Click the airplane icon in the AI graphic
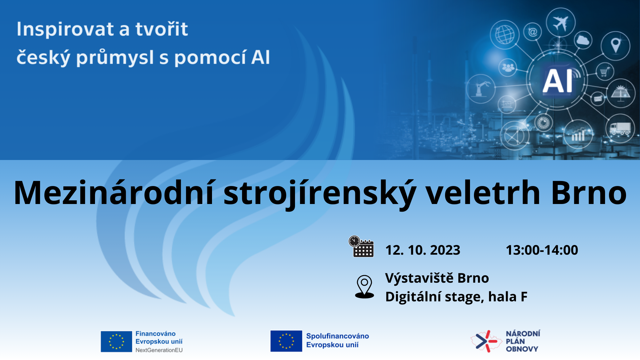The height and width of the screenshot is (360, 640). tap(561, 23)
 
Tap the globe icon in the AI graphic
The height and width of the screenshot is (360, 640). tap(505, 34)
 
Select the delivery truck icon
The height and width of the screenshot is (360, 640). tap(620, 128)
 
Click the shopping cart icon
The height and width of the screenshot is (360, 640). tap(605, 71)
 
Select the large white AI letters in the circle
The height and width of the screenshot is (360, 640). tap(558, 81)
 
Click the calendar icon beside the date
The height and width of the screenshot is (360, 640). tap(361, 246)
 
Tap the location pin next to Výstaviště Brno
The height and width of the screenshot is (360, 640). tap(365, 287)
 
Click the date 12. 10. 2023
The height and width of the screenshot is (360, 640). tap(423, 250)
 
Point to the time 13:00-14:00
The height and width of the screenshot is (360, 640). tap(542, 250)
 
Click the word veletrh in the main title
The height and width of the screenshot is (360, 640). tap(483, 192)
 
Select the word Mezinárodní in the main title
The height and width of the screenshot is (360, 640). tap(114, 192)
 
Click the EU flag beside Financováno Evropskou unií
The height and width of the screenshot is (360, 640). tap(116, 341)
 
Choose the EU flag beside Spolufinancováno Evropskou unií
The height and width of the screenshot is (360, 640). tap(286, 341)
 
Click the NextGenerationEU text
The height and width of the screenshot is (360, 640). tap(159, 350)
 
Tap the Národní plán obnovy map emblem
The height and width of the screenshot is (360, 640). tap(486, 341)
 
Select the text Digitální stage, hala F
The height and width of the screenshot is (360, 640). tap(456, 297)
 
